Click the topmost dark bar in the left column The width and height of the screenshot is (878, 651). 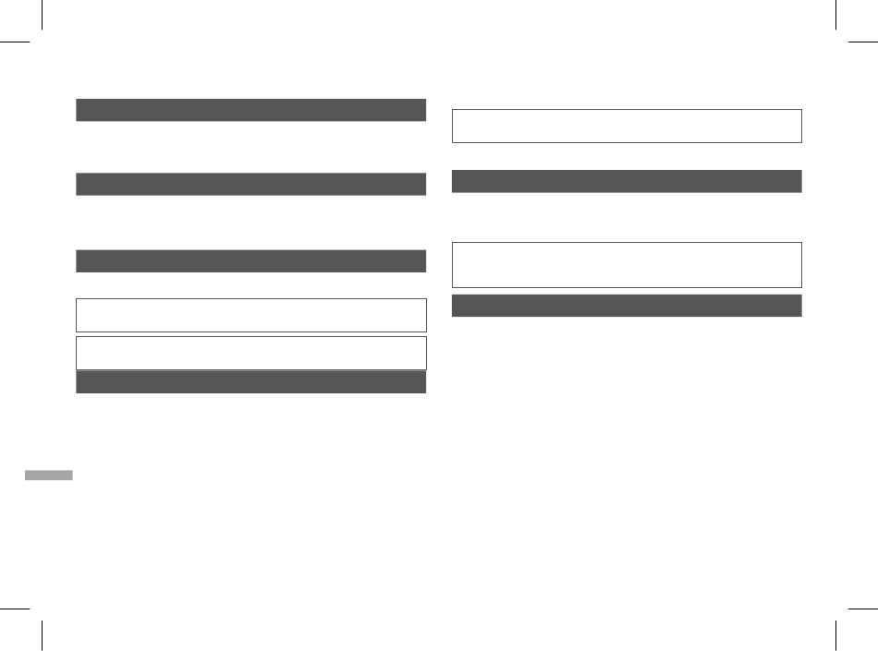pyautogui.click(x=250, y=110)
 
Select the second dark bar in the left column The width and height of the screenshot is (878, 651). pyautogui.click(x=250, y=184)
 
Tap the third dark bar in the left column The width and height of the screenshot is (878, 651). pyautogui.click(x=250, y=260)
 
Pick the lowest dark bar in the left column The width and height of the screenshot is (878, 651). pyautogui.click(x=250, y=382)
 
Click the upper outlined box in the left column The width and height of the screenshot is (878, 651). pyautogui.click(x=250, y=315)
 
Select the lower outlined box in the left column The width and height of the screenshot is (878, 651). pyautogui.click(x=250, y=353)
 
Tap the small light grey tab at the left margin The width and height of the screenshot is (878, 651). pyautogui.click(x=48, y=476)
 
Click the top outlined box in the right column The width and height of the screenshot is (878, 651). pyautogui.click(x=626, y=126)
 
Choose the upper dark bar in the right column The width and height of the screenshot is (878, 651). pyautogui.click(x=626, y=181)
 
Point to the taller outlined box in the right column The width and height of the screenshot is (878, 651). pyautogui.click(x=626, y=265)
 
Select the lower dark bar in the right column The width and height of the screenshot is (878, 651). pyautogui.click(x=626, y=306)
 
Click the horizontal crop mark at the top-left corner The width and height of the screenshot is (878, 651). pyautogui.click(x=16, y=42)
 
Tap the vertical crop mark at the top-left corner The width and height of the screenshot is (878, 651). pyautogui.click(x=43, y=15)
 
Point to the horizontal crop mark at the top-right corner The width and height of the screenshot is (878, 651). pyautogui.click(x=861, y=42)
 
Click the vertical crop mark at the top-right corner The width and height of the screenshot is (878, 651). pyautogui.click(x=835, y=15)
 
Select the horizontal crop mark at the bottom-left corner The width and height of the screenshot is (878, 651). pyautogui.click(x=16, y=609)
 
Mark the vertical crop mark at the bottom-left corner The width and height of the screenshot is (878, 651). pyautogui.click(x=43, y=635)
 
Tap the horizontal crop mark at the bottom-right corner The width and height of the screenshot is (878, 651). pyautogui.click(x=861, y=609)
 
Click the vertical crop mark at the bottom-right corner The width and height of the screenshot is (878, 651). pyautogui.click(x=835, y=635)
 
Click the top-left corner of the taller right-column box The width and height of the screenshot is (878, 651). pyautogui.click(x=452, y=243)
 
